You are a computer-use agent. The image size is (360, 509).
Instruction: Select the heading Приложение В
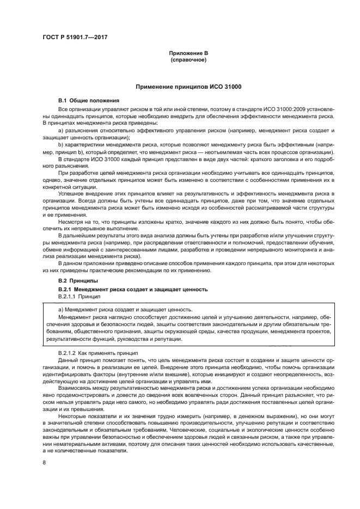188,52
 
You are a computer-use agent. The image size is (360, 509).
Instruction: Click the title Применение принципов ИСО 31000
188,87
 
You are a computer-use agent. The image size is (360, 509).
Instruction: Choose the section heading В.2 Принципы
78,280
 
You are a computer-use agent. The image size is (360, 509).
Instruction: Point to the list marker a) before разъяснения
60,131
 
